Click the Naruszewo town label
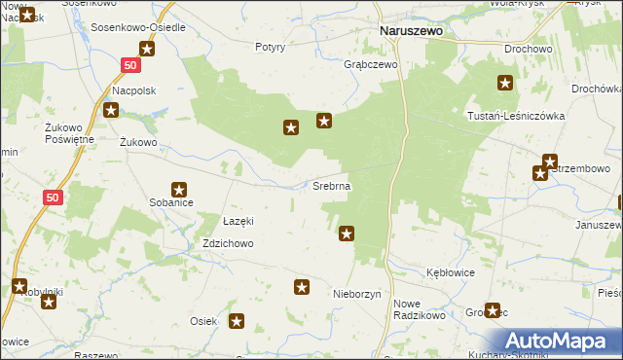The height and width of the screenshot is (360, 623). coord(410,31)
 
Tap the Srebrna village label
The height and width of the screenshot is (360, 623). coord(331,185)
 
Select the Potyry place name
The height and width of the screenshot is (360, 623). coord(270,47)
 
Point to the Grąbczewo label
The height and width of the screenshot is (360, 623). coord(372,65)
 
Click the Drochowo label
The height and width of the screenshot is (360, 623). coord(529,48)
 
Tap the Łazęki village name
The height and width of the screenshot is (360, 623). coord(238,221)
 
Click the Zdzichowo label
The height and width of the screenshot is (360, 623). coord(228,244)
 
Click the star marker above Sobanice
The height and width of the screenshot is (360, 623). coord(179,190)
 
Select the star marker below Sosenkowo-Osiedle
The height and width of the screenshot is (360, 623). coord(147,50)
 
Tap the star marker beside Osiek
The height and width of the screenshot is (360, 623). coord(237,320)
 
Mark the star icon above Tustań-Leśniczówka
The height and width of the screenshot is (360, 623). coord(505,84)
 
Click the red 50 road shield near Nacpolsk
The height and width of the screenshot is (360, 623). coord(131,65)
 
